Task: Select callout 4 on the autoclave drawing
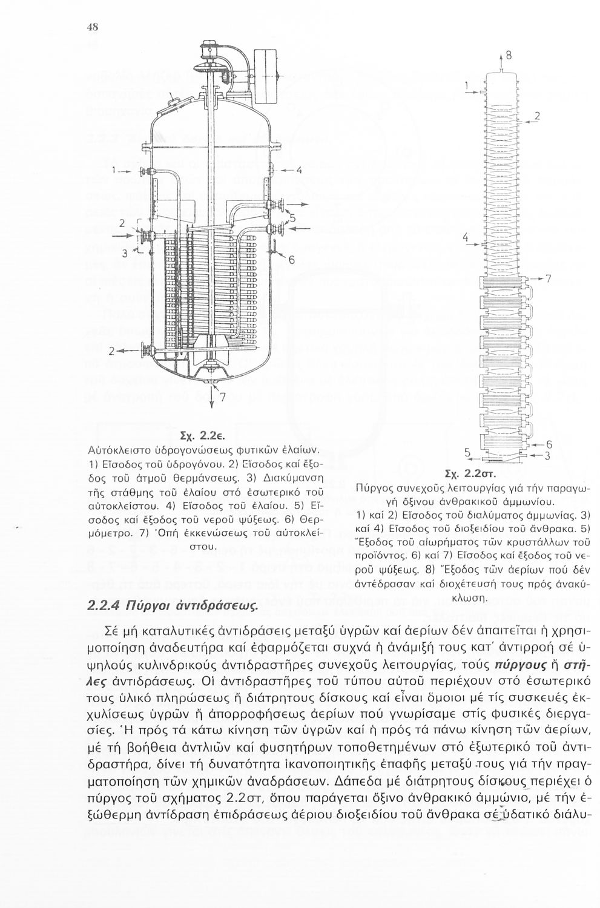click(x=298, y=169)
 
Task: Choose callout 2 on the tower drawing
click(x=536, y=116)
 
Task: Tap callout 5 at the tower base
click(x=467, y=452)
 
